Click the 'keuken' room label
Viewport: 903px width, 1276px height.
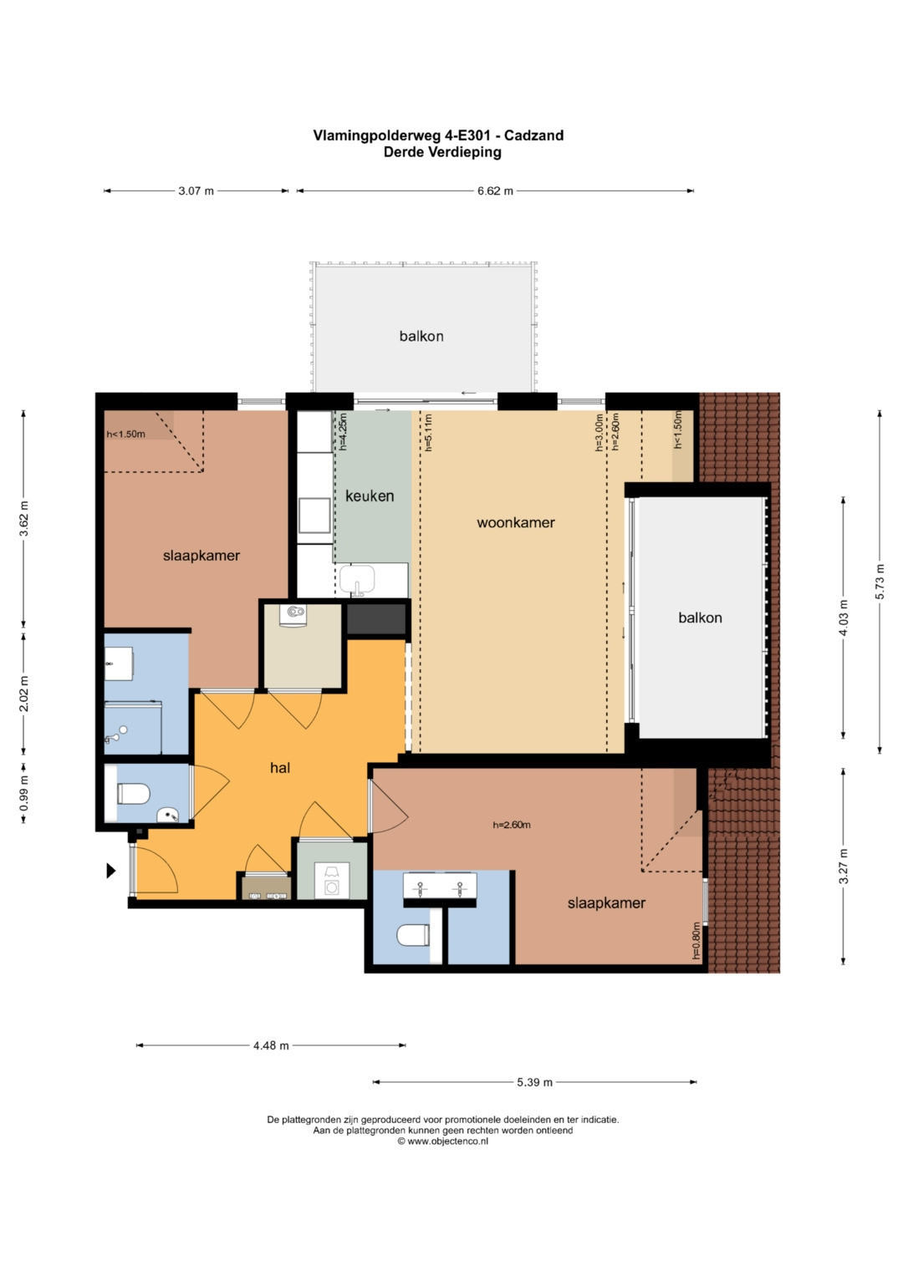[370, 496]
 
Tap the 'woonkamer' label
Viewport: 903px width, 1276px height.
[515, 522]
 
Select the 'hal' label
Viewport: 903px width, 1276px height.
[280, 768]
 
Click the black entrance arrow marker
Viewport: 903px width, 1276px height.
[111, 871]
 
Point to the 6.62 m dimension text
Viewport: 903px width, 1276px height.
[495, 191]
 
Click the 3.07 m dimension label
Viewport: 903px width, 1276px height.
[196, 191]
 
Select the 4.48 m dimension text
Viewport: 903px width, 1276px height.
[271, 1045]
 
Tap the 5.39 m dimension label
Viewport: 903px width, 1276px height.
[534, 1082]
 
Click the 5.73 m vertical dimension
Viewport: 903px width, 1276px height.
[880, 581]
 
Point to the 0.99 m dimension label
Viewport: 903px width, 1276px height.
[23, 794]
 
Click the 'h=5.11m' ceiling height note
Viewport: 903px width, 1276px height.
[428, 432]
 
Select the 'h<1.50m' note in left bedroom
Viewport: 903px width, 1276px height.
[125, 434]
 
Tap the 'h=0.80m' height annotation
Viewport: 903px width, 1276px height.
[696, 940]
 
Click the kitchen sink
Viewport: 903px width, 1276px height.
[358, 580]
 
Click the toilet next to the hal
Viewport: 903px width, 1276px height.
[134, 794]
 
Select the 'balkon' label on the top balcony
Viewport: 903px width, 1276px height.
[421, 336]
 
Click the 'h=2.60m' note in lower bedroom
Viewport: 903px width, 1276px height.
[512, 825]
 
